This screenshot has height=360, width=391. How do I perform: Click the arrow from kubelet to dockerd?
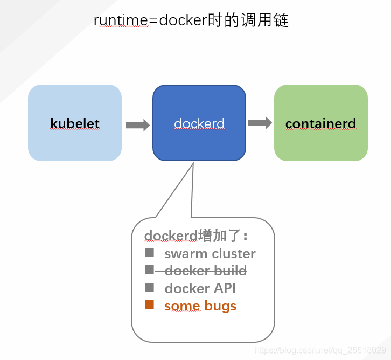point(138,125)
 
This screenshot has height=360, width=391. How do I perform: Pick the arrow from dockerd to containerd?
point(260,123)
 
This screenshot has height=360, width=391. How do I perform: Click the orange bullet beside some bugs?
point(150,305)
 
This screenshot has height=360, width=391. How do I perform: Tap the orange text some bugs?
point(200,306)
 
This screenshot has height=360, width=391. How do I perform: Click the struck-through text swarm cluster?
point(210,253)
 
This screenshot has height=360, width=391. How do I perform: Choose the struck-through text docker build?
point(206,271)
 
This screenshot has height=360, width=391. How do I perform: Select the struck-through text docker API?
point(200,288)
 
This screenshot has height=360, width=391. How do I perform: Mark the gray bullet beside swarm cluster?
point(150,252)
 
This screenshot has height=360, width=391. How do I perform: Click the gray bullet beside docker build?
point(150,269)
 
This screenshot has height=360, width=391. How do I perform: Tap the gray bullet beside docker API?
point(150,287)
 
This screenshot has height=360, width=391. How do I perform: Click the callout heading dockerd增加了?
point(196,236)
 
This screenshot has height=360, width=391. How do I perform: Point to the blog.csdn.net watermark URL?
point(320,350)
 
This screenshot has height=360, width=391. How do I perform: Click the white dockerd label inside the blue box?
point(199,123)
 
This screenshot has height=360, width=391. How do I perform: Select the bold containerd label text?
point(320,123)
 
